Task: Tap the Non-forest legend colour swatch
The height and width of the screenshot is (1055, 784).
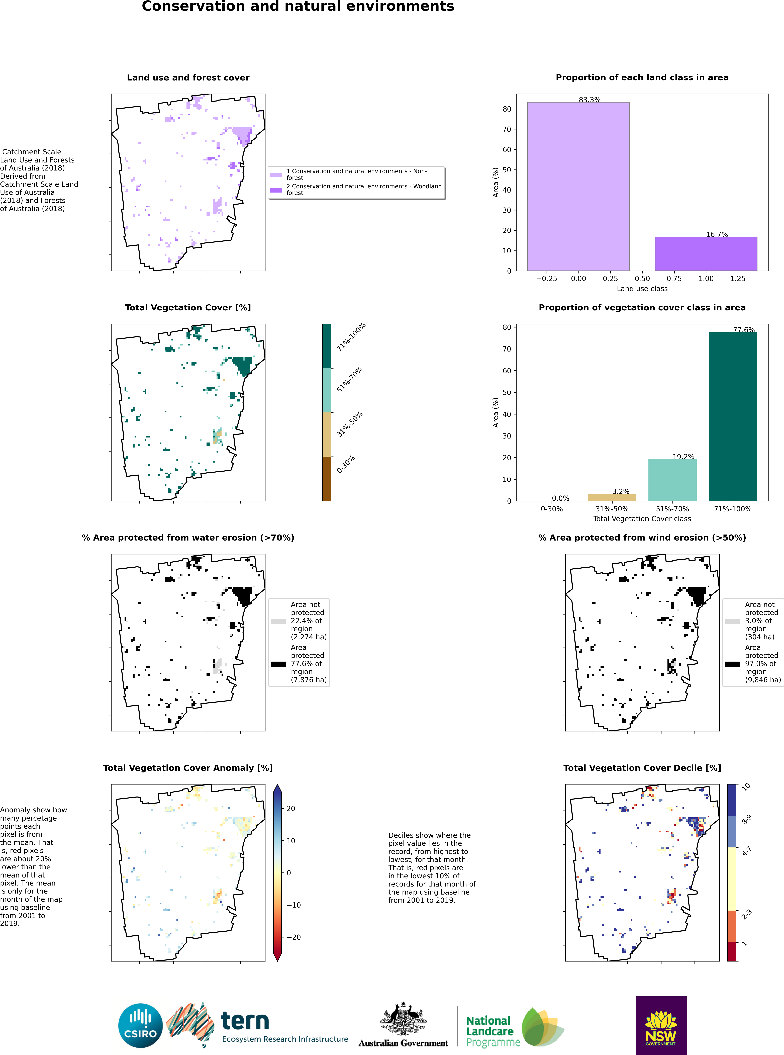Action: click(x=276, y=175)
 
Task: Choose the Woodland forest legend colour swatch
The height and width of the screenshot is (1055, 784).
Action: click(x=276, y=190)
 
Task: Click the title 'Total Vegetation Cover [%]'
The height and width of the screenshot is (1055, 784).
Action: click(x=188, y=308)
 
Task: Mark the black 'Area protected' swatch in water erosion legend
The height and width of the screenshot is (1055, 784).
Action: click(x=278, y=664)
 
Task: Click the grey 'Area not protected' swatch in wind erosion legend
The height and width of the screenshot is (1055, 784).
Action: click(x=732, y=621)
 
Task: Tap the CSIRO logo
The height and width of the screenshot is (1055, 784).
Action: click(x=140, y=1026)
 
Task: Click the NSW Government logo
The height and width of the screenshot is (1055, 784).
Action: click(x=661, y=1025)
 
